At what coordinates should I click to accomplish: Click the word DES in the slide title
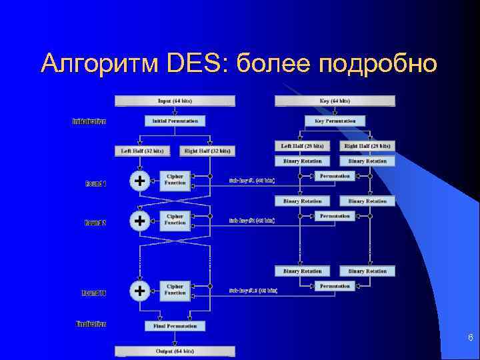(x=196, y=64)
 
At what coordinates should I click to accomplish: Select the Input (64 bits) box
(x=175, y=101)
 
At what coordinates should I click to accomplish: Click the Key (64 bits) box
(x=335, y=101)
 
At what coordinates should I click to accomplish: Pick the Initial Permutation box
(x=175, y=121)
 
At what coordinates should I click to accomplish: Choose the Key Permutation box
(x=335, y=121)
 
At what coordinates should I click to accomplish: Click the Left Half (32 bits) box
(x=142, y=151)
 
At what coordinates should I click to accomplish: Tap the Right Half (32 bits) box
(x=207, y=151)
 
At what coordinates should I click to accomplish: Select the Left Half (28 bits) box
(x=302, y=145)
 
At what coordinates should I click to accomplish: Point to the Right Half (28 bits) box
(x=367, y=145)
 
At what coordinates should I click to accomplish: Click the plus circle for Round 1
(x=139, y=181)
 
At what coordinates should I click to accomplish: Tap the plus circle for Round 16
(x=139, y=291)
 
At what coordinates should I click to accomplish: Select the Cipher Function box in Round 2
(x=175, y=219)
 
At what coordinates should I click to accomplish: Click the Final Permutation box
(x=175, y=326)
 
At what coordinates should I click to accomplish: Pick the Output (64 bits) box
(x=175, y=351)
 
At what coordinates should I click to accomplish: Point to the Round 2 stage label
(x=95, y=223)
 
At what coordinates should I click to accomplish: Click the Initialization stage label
(x=89, y=121)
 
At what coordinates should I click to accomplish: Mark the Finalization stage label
(x=90, y=324)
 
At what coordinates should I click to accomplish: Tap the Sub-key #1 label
(x=252, y=181)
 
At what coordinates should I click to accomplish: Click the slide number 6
(x=470, y=339)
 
